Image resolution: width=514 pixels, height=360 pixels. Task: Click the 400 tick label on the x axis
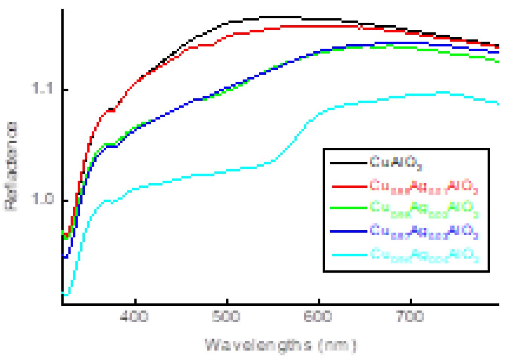[134, 316]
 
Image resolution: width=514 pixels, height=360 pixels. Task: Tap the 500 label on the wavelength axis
[226, 316]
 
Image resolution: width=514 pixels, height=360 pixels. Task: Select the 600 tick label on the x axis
[318, 316]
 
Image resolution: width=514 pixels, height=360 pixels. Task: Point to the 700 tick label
[410, 316]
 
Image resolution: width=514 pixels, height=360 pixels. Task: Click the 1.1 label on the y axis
[42, 89]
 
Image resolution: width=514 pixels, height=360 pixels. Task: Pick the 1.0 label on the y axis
[42, 199]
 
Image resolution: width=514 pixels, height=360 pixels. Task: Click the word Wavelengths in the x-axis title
[258, 345]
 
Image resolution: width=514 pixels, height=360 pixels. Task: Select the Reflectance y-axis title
[11, 166]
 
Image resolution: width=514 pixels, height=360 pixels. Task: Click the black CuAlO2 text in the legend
[396, 162]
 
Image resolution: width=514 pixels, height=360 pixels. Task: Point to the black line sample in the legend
[348, 163]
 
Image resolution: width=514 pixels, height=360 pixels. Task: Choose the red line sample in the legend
[349, 186]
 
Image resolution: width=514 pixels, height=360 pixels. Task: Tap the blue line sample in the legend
[348, 231]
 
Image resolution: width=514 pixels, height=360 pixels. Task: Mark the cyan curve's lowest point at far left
[66, 294]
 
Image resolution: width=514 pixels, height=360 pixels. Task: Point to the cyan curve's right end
[498, 104]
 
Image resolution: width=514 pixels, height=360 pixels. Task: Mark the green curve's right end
[498, 61]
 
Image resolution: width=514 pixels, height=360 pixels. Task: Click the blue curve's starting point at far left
[64, 257]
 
